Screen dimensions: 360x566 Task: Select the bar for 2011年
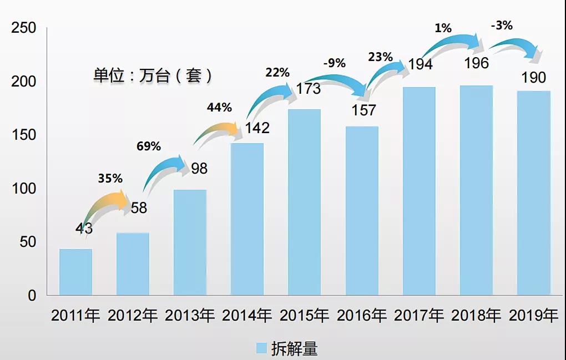[x=75, y=272]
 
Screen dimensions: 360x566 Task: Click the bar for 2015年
[x=304, y=202]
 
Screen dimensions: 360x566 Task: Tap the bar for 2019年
[x=533, y=192]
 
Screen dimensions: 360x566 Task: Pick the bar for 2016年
[x=362, y=211]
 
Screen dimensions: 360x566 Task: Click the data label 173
[x=308, y=88]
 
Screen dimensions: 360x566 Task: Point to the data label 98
[x=199, y=168]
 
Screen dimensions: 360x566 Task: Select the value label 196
[x=477, y=63]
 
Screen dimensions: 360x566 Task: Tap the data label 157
[x=363, y=110]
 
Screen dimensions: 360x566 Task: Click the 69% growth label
[x=148, y=146]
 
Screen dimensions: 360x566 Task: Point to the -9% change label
[x=336, y=63]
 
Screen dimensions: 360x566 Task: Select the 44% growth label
[x=219, y=108]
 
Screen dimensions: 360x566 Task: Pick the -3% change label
[x=501, y=25]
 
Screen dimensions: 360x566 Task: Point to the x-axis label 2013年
[x=190, y=316]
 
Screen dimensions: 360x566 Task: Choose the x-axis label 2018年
[x=476, y=316]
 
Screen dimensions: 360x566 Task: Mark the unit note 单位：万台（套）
[x=152, y=75]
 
